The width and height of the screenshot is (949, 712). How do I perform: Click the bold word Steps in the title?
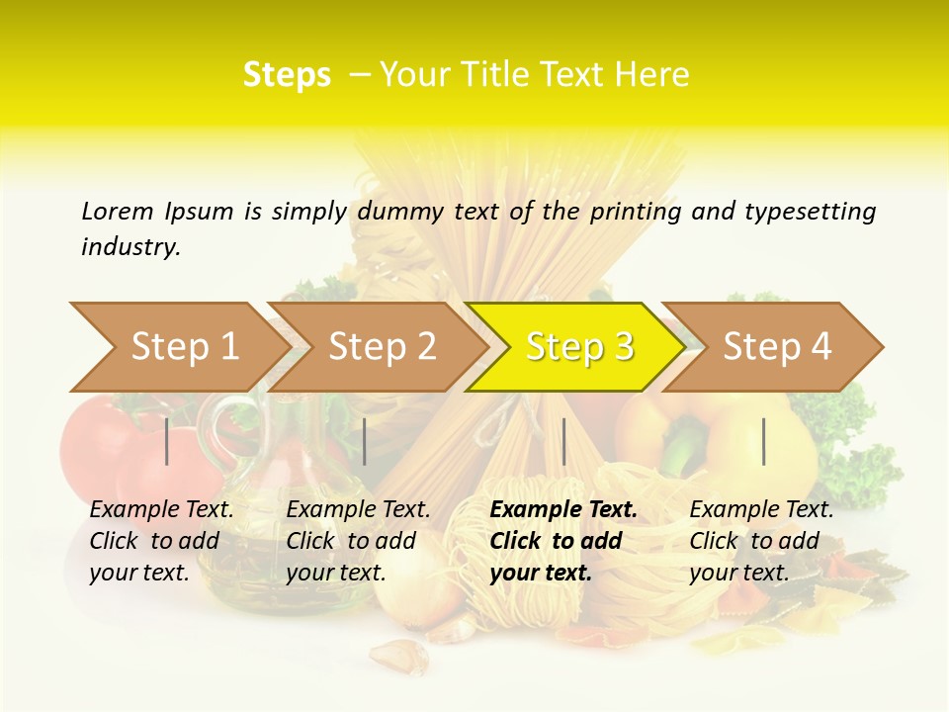coord(287,75)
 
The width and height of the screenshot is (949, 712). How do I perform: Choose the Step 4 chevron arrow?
coord(777,347)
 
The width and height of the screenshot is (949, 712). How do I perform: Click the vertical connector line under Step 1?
coord(167,441)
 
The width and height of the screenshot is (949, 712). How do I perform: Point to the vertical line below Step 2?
coord(365,441)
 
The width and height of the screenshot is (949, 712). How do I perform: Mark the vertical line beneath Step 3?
coord(563,441)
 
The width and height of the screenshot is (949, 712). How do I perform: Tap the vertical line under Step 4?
coord(763,441)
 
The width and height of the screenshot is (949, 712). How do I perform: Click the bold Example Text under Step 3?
coord(563,510)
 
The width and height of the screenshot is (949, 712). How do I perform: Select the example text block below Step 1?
coord(161,541)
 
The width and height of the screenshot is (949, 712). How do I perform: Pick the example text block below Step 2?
coord(358,541)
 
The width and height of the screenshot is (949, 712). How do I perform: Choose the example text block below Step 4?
coord(761,541)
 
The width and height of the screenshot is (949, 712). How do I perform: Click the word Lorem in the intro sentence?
coord(118,212)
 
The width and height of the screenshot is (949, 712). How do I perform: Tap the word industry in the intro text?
coord(129,247)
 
